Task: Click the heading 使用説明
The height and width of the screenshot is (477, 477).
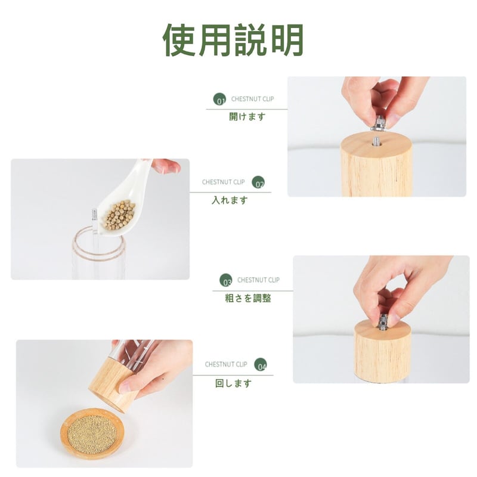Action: (233, 39)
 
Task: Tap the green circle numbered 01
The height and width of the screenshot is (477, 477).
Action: (219, 100)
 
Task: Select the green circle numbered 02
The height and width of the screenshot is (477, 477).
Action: (258, 182)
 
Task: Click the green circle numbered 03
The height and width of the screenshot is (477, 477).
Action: (226, 280)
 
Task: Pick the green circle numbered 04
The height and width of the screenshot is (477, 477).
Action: (261, 364)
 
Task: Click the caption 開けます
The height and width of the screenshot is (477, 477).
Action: (247, 117)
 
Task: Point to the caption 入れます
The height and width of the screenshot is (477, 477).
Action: (230, 200)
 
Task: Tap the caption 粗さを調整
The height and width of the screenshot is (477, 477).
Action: (248, 298)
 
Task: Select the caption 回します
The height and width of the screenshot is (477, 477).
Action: (233, 383)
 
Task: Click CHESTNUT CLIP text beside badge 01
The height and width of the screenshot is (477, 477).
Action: (252, 99)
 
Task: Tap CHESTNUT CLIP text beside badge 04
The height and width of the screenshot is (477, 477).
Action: (226, 364)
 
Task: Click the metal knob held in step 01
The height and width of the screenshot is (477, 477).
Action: (378, 123)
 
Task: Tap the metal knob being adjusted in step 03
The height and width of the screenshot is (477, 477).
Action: (383, 322)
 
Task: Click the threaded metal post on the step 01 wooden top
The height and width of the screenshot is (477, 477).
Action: (376, 142)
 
